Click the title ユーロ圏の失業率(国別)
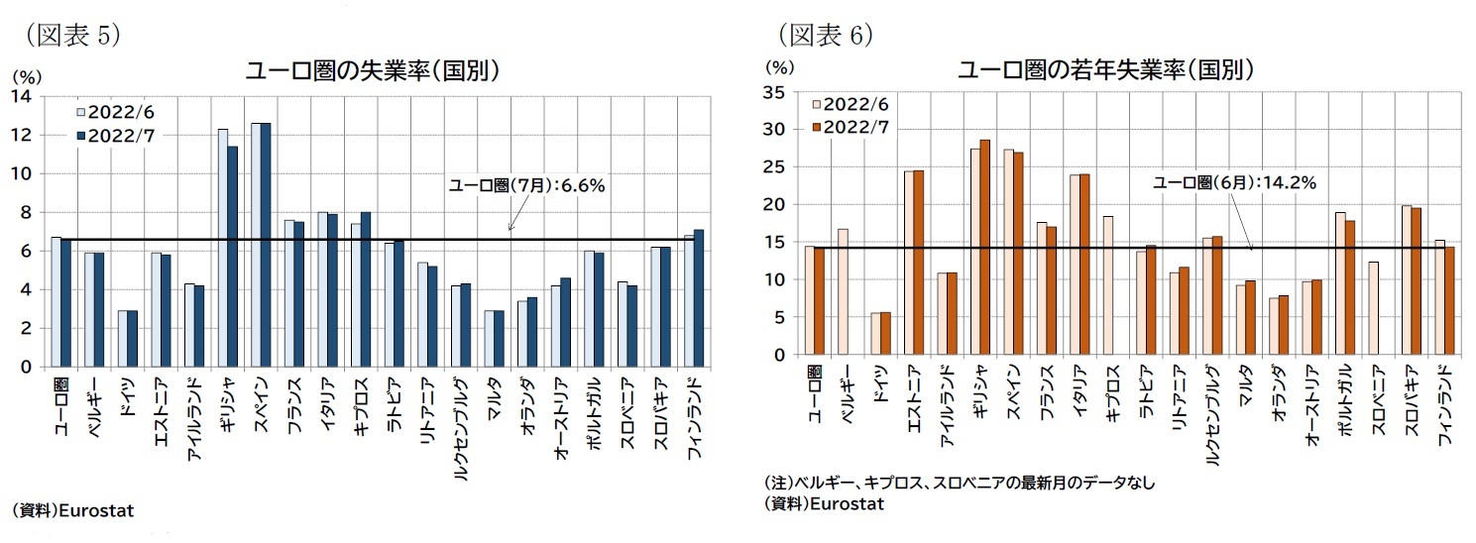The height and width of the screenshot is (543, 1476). pyautogui.click(x=371, y=71)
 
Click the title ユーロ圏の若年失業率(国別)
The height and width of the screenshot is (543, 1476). pyautogui.click(x=1106, y=70)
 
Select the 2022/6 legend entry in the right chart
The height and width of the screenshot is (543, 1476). pyautogui.click(x=851, y=104)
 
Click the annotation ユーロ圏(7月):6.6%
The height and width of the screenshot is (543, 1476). pyautogui.click(x=526, y=184)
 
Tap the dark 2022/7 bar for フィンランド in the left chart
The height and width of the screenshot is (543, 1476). pyautogui.click(x=699, y=297)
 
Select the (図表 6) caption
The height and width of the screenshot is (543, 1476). pyautogui.click(x=824, y=35)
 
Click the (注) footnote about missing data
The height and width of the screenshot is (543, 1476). pyautogui.click(x=959, y=483)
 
